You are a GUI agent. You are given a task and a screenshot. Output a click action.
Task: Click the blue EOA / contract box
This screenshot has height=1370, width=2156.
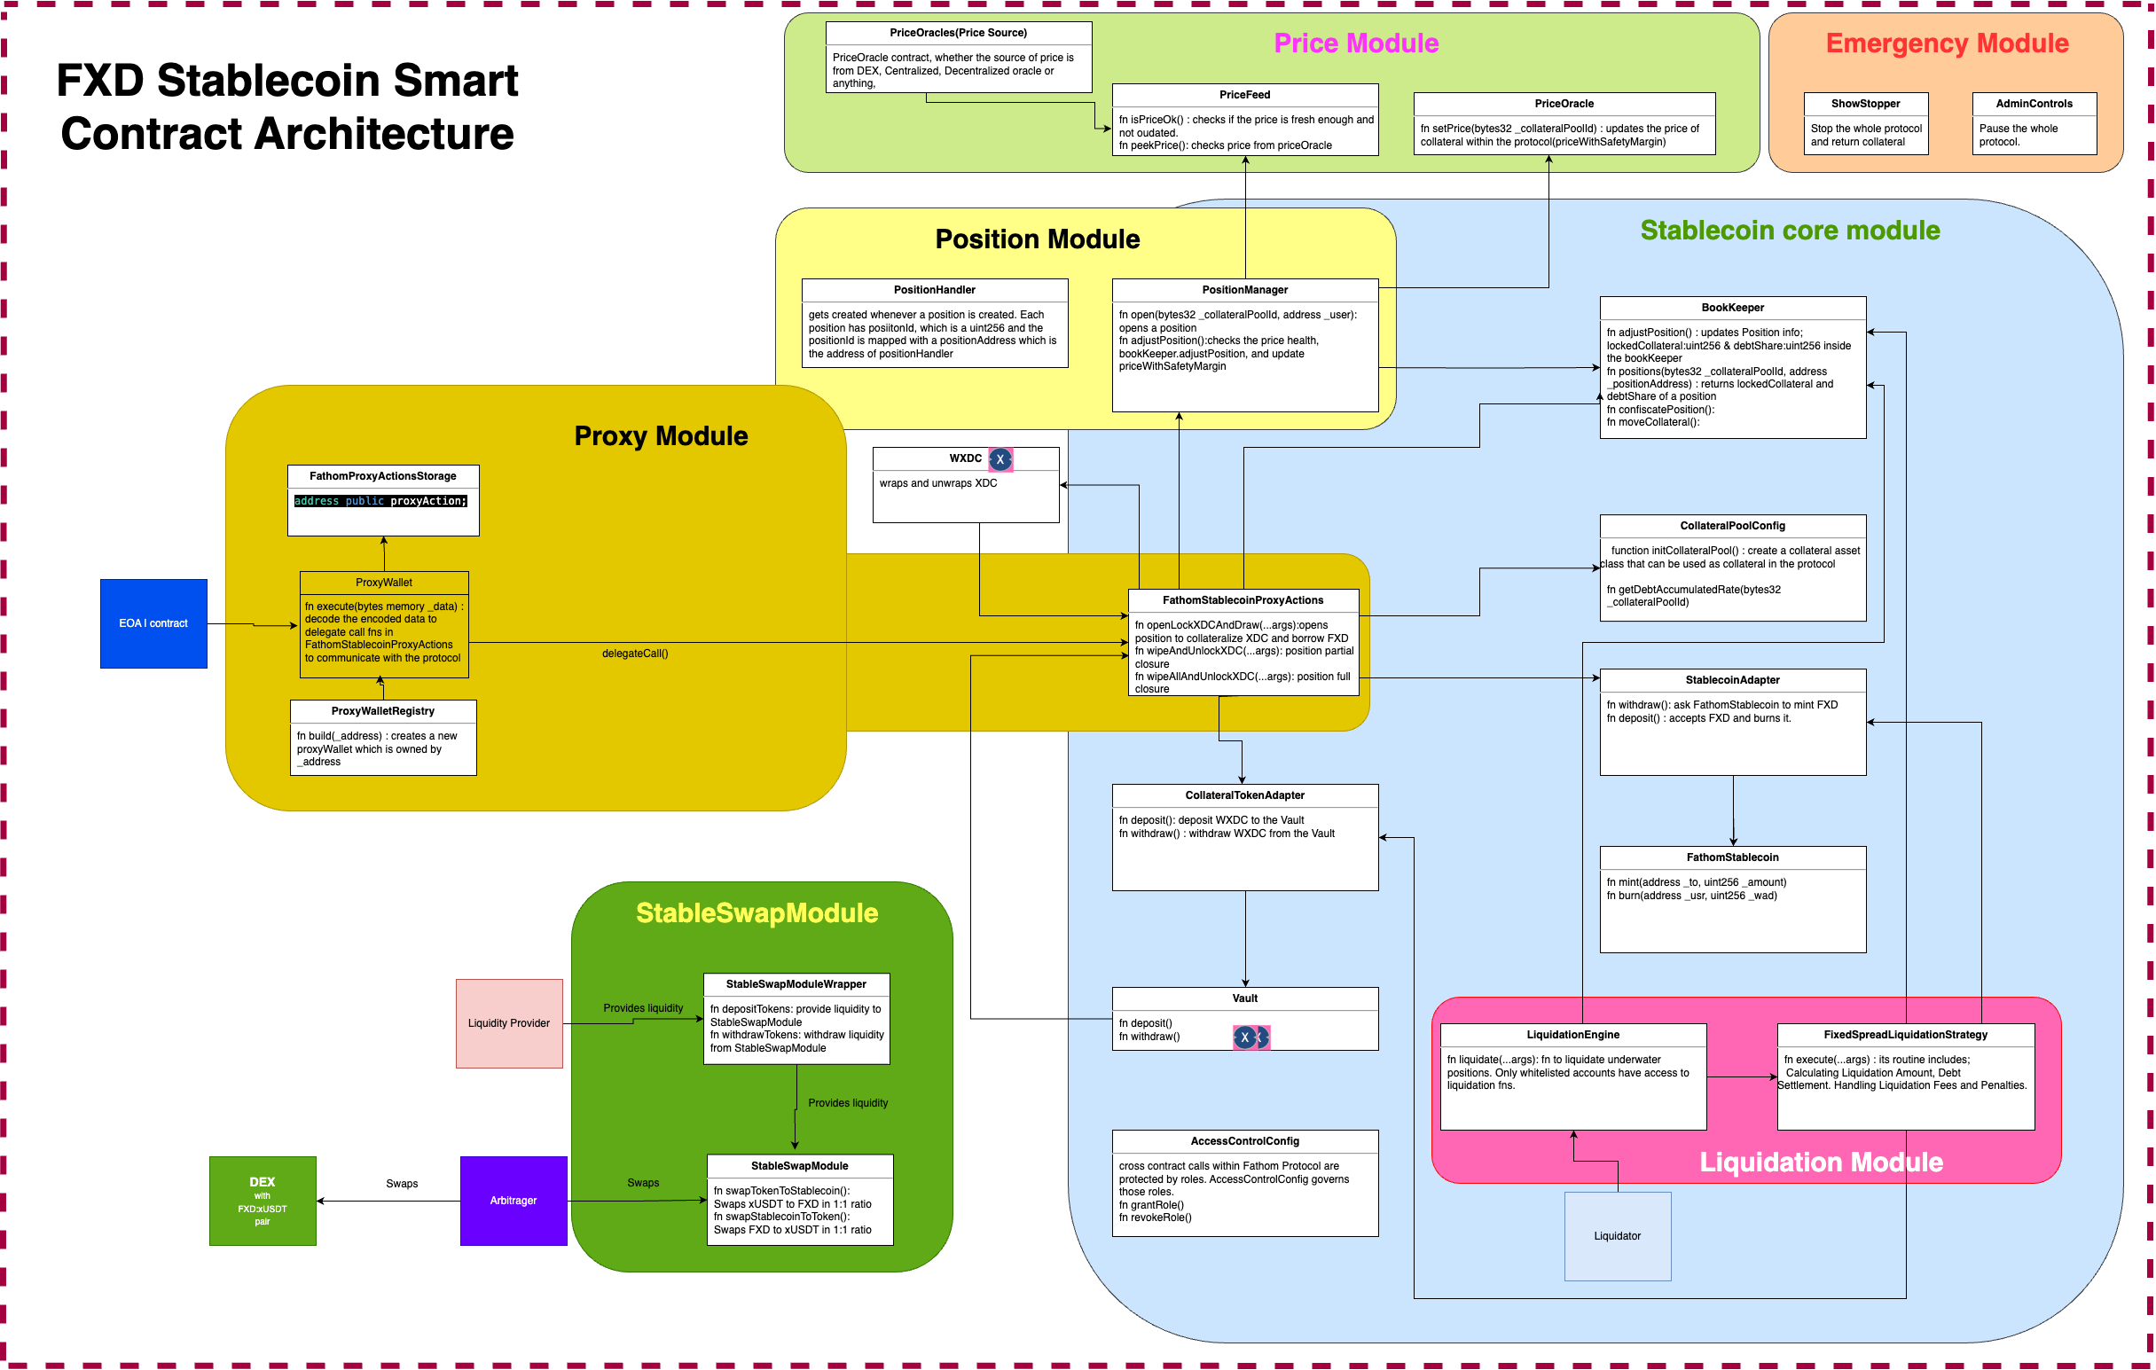[153, 623]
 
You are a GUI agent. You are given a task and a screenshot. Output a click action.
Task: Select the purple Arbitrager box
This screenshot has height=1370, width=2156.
[513, 1201]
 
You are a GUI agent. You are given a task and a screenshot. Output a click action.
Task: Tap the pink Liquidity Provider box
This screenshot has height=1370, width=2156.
[508, 1023]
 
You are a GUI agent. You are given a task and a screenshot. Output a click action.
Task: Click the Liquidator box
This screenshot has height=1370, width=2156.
[1617, 1237]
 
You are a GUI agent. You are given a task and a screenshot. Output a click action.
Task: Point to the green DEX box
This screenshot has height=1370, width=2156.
[263, 1201]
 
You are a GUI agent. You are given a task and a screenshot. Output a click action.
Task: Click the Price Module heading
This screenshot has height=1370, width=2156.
[1355, 43]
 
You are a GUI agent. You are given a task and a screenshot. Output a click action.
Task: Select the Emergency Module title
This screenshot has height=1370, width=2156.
[1947, 43]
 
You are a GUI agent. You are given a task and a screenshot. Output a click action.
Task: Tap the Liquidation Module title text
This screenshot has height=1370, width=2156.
[1820, 1163]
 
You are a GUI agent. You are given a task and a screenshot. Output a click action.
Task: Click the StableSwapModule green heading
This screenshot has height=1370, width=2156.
[757, 913]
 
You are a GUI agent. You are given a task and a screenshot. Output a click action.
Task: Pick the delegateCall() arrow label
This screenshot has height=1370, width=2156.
[635, 654]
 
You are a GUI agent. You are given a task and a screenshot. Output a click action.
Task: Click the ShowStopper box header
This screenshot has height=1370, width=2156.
[1865, 104]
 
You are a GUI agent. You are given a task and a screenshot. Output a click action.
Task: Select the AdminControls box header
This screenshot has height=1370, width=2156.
[2034, 104]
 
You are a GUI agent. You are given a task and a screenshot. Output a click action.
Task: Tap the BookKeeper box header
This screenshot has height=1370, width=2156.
[1732, 308]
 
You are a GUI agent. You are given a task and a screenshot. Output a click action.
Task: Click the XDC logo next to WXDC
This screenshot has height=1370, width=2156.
[1000, 459]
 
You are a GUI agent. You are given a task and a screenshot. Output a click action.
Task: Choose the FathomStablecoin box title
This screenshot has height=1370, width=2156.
[1732, 857]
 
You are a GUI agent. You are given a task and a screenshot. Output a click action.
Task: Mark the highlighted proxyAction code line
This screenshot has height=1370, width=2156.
[380, 501]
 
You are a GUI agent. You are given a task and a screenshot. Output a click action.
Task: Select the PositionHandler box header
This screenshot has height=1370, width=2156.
[934, 290]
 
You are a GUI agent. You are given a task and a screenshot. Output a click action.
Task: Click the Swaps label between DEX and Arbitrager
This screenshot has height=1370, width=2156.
[402, 1184]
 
